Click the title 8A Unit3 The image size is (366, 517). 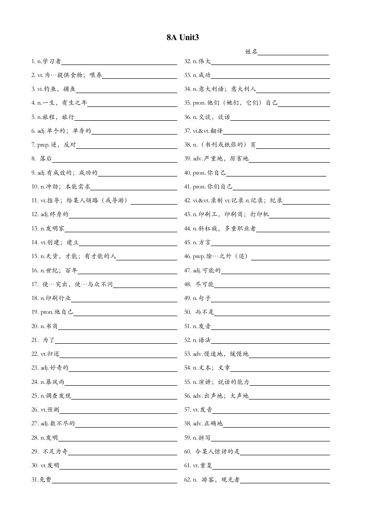(x=183, y=38)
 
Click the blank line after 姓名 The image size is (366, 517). (x=293, y=53)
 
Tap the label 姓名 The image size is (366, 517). (x=251, y=52)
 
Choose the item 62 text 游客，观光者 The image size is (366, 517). (x=221, y=480)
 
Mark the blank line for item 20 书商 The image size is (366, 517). (x=117, y=328)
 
